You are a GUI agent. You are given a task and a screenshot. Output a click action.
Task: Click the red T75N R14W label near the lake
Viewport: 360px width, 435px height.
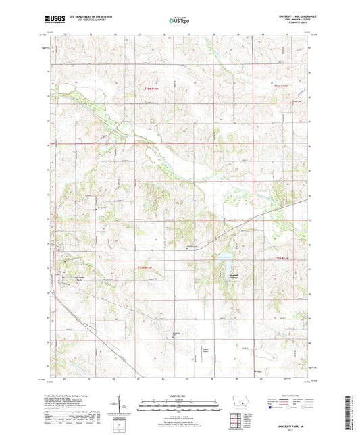pyautogui.click(x=286, y=257)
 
